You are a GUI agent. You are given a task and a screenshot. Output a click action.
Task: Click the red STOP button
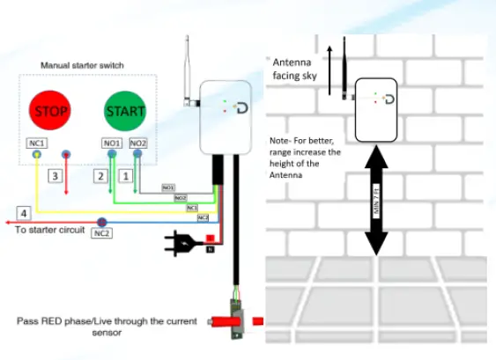(50, 111)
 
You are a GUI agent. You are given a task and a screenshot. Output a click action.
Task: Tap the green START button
(125, 111)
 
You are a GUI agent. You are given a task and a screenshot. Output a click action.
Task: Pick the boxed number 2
(101, 177)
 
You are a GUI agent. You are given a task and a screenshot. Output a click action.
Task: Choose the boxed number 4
(26, 212)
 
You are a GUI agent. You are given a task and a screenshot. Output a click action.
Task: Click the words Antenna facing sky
(298, 70)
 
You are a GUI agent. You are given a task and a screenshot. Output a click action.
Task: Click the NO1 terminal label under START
(112, 142)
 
